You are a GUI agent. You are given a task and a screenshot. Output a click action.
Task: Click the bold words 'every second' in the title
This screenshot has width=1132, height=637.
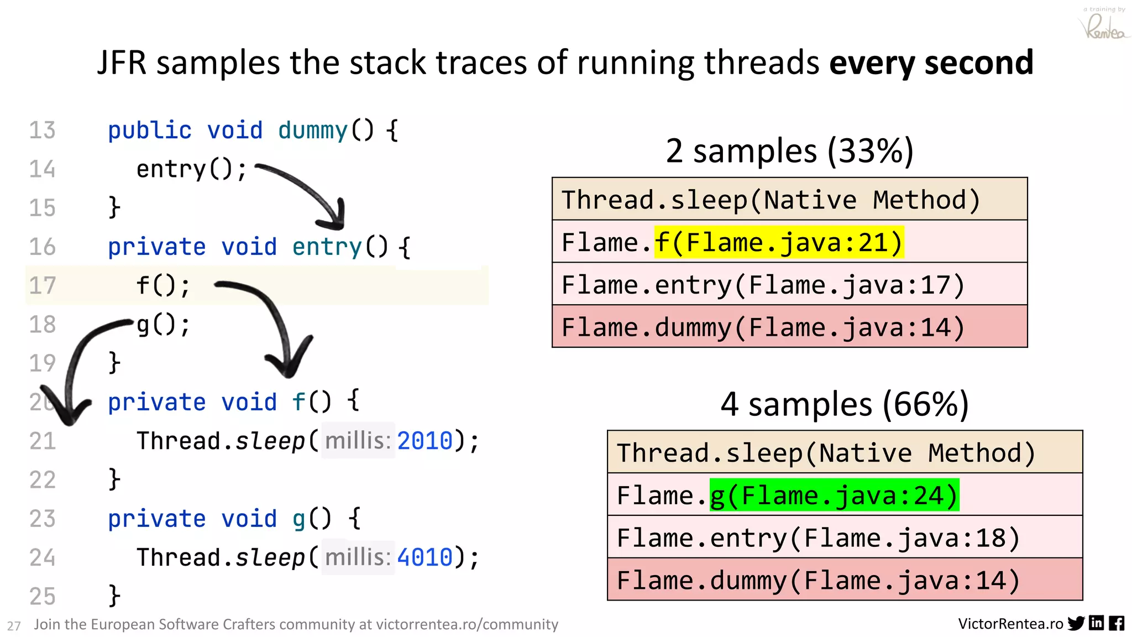pyautogui.click(x=931, y=62)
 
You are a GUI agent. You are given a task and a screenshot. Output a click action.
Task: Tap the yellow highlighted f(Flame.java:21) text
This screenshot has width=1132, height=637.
pyautogui.click(x=779, y=242)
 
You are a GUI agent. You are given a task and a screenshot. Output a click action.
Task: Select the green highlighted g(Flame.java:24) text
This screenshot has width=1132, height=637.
pyautogui.click(x=834, y=495)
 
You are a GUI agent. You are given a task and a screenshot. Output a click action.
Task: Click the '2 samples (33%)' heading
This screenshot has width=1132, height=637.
pyautogui.click(x=789, y=150)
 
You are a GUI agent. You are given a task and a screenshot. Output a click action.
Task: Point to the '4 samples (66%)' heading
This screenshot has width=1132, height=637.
pyautogui.click(x=844, y=404)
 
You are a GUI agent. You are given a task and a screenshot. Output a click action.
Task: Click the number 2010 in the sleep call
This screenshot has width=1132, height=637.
pyautogui.click(x=424, y=441)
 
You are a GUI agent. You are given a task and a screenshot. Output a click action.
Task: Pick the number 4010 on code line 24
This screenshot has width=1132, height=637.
pyautogui.click(x=424, y=557)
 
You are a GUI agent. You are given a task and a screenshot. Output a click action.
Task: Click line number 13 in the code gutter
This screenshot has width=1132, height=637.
pyautogui.click(x=42, y=130)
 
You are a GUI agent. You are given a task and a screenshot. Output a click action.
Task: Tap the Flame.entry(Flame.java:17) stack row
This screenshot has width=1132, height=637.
pyautogui.click(x=789, y=285)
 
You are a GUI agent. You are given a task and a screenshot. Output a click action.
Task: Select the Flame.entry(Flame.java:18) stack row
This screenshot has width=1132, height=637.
pyautogui.click(x=844, y=537)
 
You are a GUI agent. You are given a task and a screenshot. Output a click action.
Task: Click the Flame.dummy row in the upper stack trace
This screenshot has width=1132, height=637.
pyautogui.click(x=789, y=327)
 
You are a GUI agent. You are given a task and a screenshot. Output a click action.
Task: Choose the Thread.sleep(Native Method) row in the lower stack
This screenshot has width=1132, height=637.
pyautogui.click(x=844, y=453)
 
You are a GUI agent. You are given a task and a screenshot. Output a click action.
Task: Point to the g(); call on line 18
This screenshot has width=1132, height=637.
pyautogui.click(x=163, y=325)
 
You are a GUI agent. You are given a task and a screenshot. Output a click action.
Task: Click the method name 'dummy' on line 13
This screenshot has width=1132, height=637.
pyautogui.click(x=312, y=130)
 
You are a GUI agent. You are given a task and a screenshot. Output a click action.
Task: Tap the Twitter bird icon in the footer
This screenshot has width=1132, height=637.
pyautogui.click(x=1076, y=624)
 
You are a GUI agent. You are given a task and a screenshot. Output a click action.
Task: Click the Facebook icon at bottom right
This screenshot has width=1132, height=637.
pyautogui.click(x=1117, y=624)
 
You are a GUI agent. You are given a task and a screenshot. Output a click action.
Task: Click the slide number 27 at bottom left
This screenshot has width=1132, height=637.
pyautogui.click(x=14, y=626)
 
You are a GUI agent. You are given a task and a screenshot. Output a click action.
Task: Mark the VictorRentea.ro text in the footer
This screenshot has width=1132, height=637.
pyautogui.click(x=1010, y=624)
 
